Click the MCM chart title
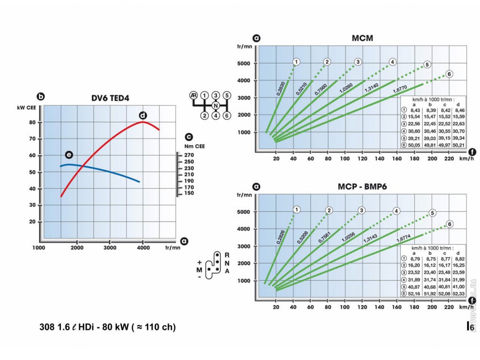[x=362, y=38]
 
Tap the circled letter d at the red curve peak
[x=143, y=115]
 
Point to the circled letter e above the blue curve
[x=69, y=155]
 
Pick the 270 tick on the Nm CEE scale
[x=188, y=155]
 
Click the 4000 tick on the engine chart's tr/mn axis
[x=143, y=247]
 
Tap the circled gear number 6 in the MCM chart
[x=449, y=74]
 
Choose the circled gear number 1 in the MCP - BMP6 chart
[x=296, y=209]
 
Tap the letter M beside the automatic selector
[x=199, y=270]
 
